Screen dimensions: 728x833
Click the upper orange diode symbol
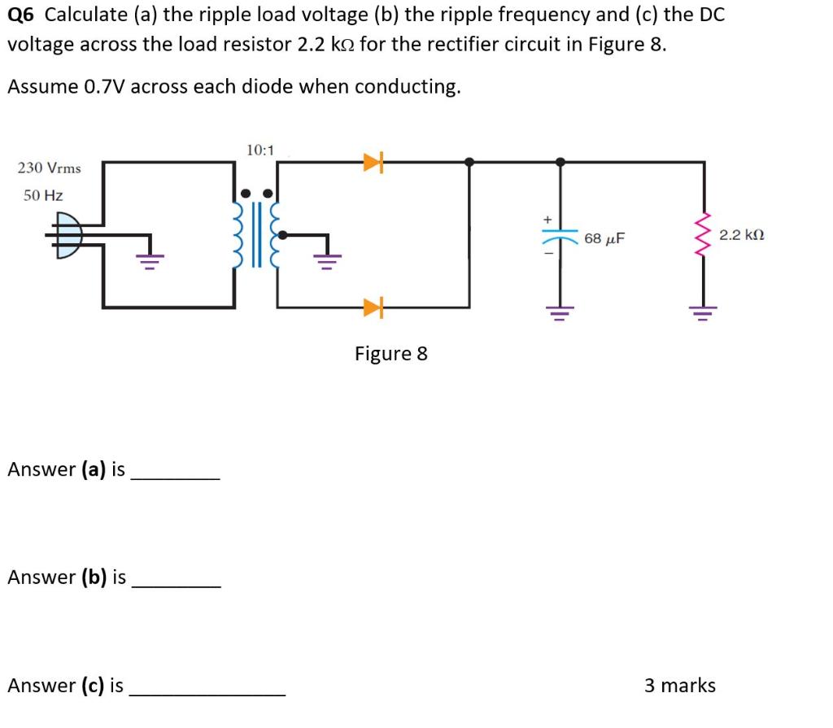click(x=373, y=163)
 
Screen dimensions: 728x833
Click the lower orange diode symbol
click(x=373, y=307)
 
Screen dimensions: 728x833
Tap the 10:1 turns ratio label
click(x=259, y=150)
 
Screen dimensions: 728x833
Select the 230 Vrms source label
click(x=50, y=168)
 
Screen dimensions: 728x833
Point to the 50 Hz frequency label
click(x=43, y=195)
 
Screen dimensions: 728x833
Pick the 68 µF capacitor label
click(x=604, y=238)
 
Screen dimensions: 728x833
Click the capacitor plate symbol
click(x=559, y=238)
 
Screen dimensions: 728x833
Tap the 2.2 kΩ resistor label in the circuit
click(x=742, y=235)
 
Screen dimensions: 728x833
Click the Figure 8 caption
click(x=390, y=354)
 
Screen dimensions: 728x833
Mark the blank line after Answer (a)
click(x=175, y=478)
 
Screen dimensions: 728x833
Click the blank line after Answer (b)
click(x=175, y=586)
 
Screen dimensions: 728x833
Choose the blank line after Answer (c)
click(x=207, y=695)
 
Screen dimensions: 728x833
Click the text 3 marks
click(x=679, y=686)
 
